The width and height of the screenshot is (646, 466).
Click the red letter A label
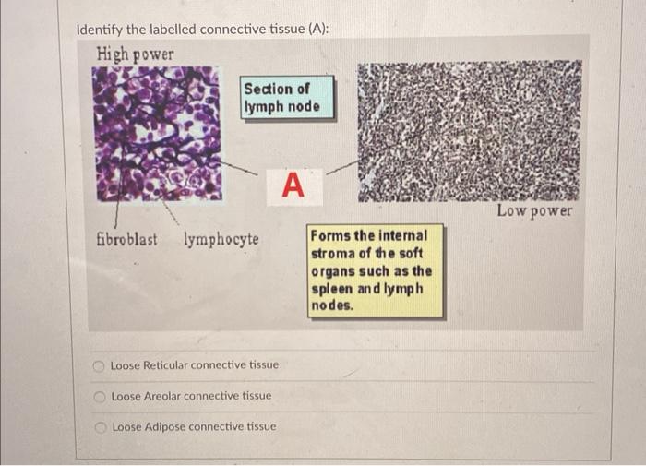292,185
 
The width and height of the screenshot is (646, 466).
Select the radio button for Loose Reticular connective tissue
101,365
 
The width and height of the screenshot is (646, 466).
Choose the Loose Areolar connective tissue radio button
101,397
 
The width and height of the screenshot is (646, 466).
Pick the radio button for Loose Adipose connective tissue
101,427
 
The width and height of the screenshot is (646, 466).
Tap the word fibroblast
126,240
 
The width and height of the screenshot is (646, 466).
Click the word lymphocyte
221,240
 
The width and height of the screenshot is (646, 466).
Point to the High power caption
135,54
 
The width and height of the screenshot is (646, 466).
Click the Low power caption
534,211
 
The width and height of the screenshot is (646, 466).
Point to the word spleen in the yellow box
332,288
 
